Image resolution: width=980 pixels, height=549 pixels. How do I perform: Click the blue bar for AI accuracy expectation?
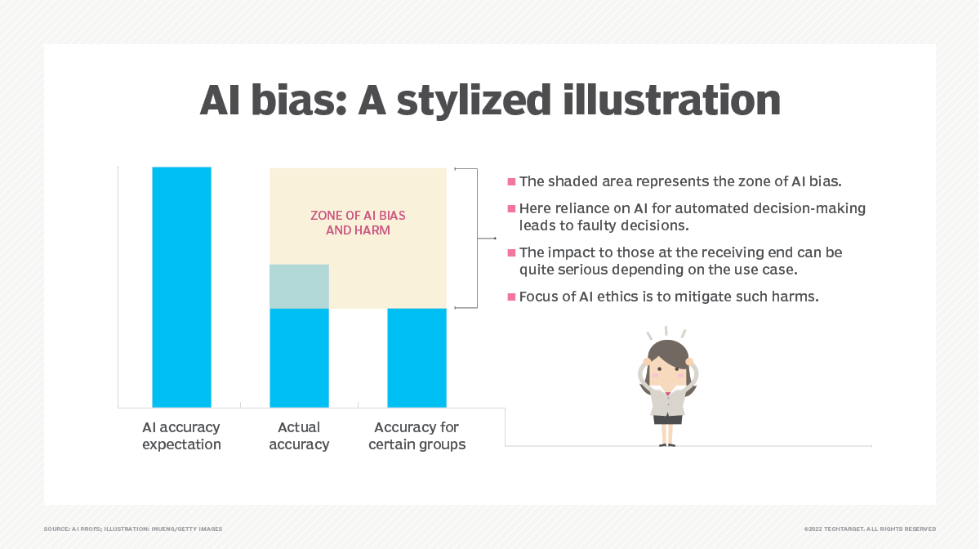181,287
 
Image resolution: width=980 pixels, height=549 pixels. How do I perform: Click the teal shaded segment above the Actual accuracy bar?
299,286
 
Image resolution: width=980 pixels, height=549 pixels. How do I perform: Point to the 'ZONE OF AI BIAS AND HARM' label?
358,223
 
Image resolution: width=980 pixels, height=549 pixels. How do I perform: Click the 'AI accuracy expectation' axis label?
181,435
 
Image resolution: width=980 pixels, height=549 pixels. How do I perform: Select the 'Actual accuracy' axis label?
299,435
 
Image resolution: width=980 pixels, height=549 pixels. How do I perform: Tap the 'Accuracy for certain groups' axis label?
416,435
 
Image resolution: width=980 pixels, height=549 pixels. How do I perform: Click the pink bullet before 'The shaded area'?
511,181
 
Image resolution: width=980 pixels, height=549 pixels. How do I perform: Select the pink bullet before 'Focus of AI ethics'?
511,297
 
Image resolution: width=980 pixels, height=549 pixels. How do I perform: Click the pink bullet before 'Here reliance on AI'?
511,209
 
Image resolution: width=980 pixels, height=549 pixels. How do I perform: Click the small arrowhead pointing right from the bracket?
493,239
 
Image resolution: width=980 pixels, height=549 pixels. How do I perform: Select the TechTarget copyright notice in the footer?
869,529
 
